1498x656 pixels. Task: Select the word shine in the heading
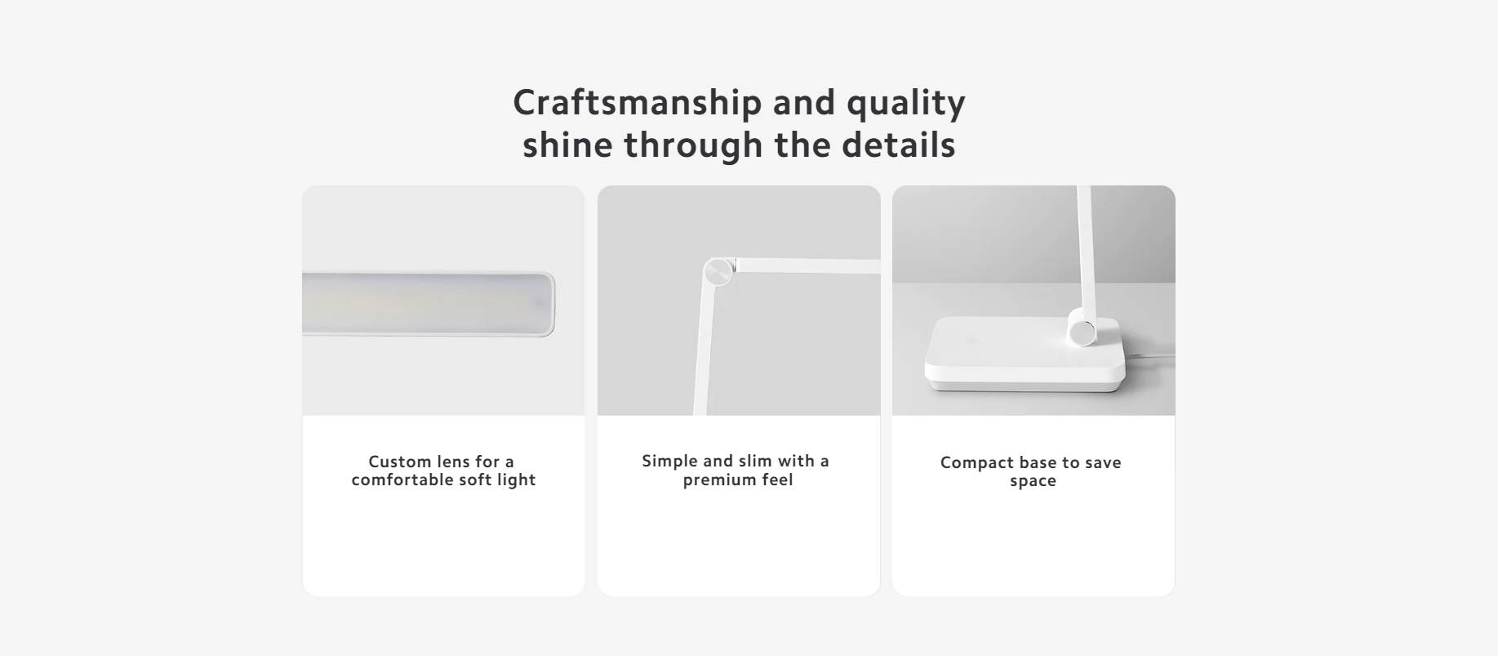pyautogui.click(x=567, y=145)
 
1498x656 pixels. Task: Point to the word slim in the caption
pyautogui.click(x=753, y=461)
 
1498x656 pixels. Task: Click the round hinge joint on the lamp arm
pyautogui.click(x=718, y=271)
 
